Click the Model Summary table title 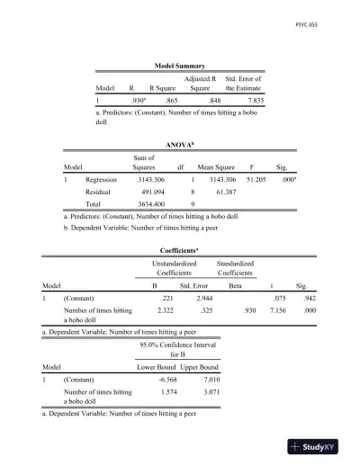(x=180, y=66)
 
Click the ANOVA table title (x=180, y=142)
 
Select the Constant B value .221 (x=166, y=297)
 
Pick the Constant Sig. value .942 (x=308, y=297)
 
